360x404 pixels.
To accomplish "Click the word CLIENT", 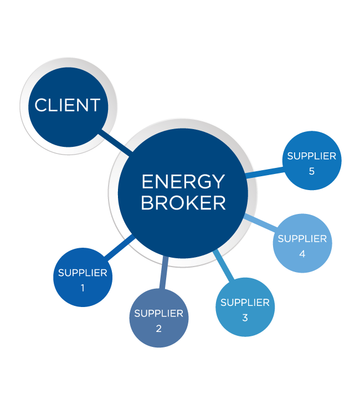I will (68, 105).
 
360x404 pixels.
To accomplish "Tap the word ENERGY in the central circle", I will (183, 182).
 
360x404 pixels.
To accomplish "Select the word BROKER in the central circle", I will (183, 203).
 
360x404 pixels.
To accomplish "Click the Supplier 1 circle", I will (83, 277).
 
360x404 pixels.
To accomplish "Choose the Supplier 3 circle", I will (245, 307).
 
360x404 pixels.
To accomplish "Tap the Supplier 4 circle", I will (302, 243).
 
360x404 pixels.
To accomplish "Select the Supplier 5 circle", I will (312, 161).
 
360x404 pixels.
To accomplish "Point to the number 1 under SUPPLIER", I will (83, 288).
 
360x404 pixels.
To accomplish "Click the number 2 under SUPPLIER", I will (158, 328).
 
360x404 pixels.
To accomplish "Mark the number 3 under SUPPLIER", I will (245, 318).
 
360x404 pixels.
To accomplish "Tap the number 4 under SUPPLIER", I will (302, 254).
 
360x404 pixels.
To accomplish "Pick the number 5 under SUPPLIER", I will (312, 171).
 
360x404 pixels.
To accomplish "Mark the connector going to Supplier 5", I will (265, 173).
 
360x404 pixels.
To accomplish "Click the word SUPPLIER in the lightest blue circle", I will (302, 239).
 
